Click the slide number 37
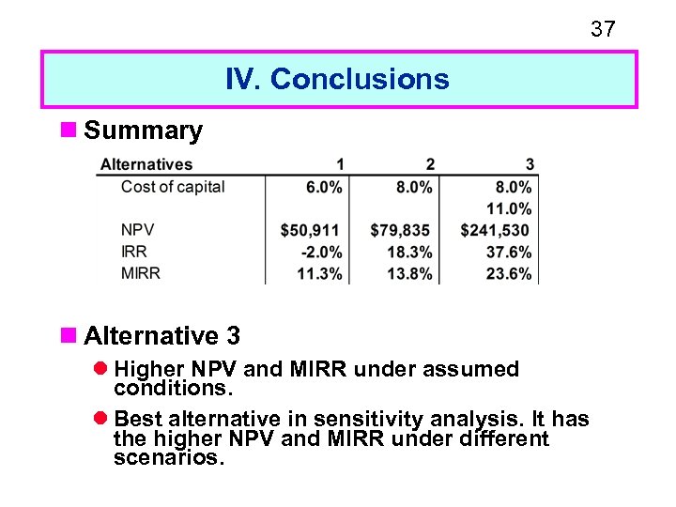pyautogui.click(x=603, y=29)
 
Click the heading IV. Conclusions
pyautogui.click(x=337, y=79)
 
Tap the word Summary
pyautogui.click(x=143, y=131)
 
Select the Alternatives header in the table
pyautogui.click(x=146, y=164)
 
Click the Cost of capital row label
pyautogui.click(x=173, y=186)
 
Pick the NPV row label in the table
pyautogui.click(x=137, y=229)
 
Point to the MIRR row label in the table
pyautogui.click(x=141, y=273)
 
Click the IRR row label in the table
pyautogui.click(x=134, y=252)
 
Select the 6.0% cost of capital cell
pyautogui.click(x=324, y=187)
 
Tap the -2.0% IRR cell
pyautogui.click(x=322, y=252)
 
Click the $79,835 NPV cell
pyautogui.click(x=401, y=230)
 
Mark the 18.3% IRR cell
pyautogui.click(x=409, y=252)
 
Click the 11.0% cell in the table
pyautogui.click(x=510, y=208)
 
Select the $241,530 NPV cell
pyautogui.click(x=495, y=230)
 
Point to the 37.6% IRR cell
pyautogui.click(x=510, y=252)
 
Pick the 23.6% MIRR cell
pyautogui.click(x=510, y=274)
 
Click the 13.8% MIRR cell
pyautogui.click(x=409, y=274)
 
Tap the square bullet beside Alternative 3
pyautogui.click(x=67, y=335)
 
